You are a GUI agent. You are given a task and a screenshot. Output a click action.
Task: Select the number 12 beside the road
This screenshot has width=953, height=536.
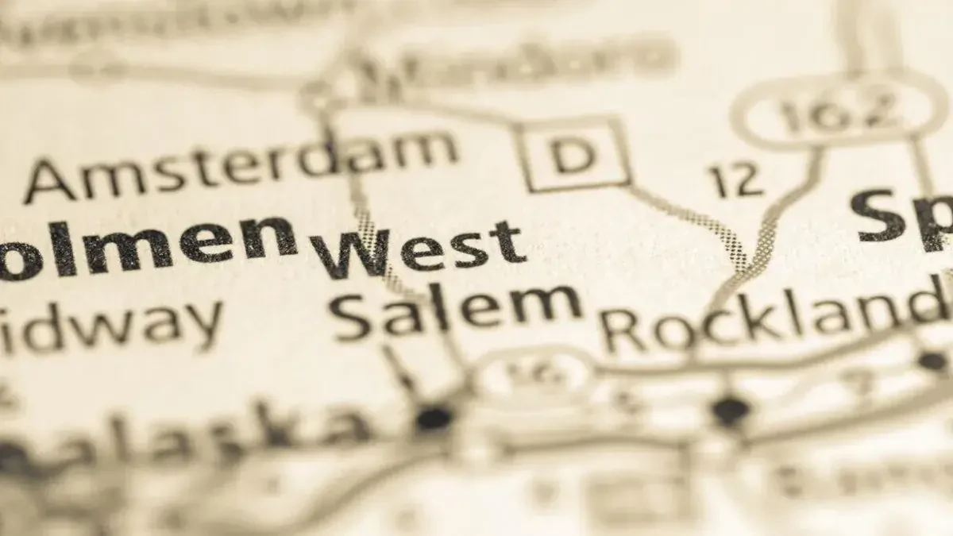736,182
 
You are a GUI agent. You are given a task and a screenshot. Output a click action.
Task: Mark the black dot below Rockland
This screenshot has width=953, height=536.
729,411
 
